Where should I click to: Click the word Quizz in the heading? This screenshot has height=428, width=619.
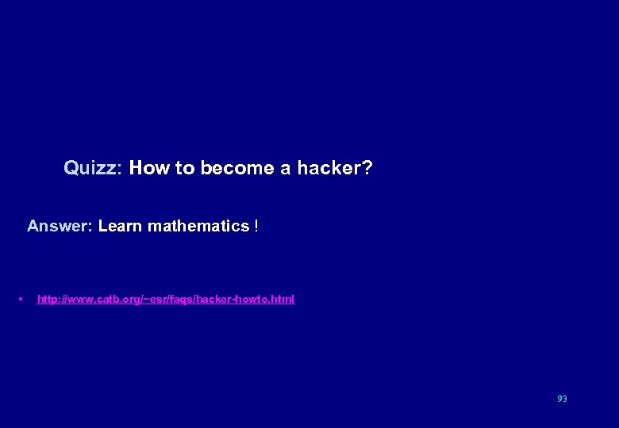(x=90, y=168)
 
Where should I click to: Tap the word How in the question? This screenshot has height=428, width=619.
(x=146, y=168)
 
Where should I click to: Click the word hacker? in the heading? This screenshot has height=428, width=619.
(x=334, y=168)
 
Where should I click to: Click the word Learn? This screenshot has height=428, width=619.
(x=120, y=226)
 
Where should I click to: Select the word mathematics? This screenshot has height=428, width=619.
(x=198, y=226)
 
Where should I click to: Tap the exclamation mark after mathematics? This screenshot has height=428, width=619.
(x=256, y=226)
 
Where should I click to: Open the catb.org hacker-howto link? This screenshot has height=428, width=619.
(x=166, y=299)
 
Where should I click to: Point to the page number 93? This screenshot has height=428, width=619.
(x=562, y=399)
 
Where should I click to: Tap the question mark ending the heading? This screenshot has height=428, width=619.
(x=367, y=168)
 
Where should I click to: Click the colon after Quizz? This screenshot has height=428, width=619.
(x=119, y=169)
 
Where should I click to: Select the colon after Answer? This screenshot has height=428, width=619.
(x=93, y=227)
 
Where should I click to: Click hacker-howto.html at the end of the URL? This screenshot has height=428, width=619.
(x=252, y=299)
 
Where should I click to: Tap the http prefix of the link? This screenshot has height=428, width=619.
(x=47, y=299)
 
